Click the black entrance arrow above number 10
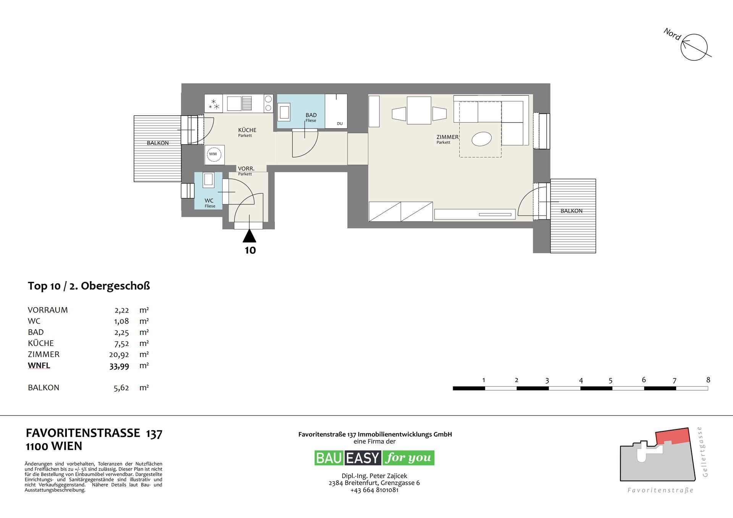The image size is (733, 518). [250, 236]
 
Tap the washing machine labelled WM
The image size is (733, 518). [213, 154]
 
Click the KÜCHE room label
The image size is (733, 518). [247, 130]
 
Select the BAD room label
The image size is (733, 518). [311, 115]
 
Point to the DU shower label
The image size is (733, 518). [340, 124]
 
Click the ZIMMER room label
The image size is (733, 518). [447, 137]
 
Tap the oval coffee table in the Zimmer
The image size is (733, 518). [481, 139]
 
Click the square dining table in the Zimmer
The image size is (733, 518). [419, 111]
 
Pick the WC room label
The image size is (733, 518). [209, 201]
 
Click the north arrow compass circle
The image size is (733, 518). [694, 47]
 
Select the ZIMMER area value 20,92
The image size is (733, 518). [119, 355]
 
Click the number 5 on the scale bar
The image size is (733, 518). [610, 380]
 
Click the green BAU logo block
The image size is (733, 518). [329, 458]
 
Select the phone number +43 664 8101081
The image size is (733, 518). [374, 490]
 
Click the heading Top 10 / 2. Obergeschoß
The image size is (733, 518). [89, 286]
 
